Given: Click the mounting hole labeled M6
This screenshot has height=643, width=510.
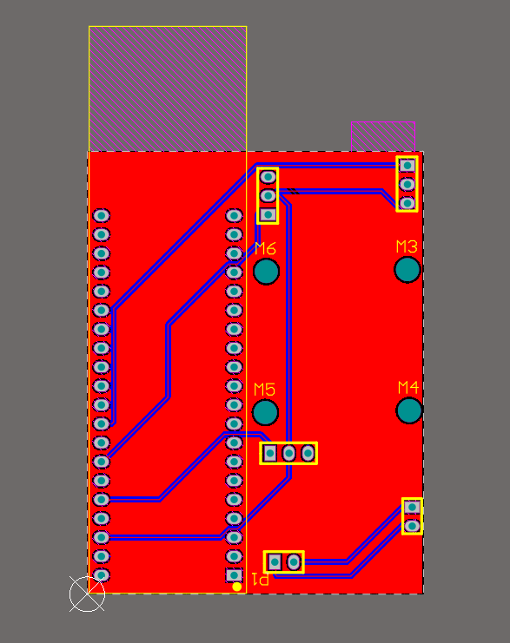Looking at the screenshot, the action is (267, 272).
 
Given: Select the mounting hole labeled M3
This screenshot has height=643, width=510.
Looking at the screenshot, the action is (407, 269).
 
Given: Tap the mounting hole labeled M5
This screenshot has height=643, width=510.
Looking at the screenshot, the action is (265, 412).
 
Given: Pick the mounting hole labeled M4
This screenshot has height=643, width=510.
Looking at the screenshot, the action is (409, 410).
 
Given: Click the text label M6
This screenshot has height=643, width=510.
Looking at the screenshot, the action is (265, 248).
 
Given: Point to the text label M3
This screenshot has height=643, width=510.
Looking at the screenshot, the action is (407, 246).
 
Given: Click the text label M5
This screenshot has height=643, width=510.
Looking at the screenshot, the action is (264, 389).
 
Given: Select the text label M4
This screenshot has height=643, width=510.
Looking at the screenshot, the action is (408, 387).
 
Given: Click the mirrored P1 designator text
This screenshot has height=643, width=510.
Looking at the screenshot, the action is (261, 579).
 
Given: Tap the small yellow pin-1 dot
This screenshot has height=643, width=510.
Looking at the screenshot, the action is (236, 587).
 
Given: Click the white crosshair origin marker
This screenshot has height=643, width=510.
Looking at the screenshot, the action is (87, 594).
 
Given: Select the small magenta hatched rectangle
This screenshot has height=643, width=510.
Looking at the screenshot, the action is (383, 136).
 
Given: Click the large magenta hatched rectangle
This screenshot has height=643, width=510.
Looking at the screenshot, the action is (168, 89).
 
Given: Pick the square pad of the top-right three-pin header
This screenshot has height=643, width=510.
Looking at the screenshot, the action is (407, 166).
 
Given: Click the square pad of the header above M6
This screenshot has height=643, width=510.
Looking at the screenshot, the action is (268, 214).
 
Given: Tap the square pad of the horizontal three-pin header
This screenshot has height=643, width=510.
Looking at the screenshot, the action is (270, 453).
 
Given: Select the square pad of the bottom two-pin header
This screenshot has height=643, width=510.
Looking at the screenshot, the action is (275, 561).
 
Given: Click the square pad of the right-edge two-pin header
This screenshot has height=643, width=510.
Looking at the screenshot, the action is (413, 508).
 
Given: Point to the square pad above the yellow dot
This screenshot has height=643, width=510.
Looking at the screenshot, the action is (235, 575).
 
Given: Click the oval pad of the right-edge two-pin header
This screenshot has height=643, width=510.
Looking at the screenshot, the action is (413, 526).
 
